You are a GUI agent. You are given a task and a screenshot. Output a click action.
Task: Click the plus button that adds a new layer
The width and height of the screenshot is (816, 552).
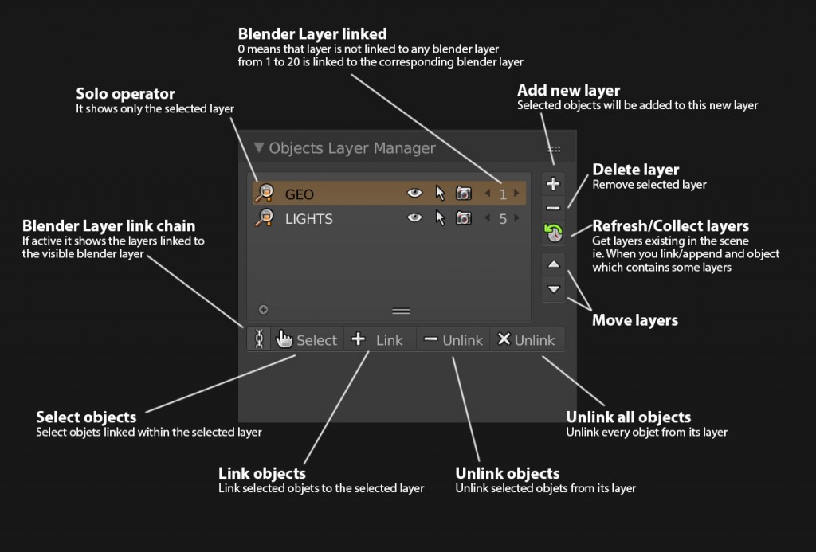click(553, 184)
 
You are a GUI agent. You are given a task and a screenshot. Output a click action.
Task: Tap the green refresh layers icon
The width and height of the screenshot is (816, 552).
click(553, 233)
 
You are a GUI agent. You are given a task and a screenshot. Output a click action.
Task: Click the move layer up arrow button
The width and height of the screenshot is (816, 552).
click(554, 264)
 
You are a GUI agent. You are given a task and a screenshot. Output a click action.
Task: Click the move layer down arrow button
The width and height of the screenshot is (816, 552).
click(554, 289)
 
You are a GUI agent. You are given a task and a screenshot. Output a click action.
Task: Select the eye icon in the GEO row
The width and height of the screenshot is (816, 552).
click(414, 193)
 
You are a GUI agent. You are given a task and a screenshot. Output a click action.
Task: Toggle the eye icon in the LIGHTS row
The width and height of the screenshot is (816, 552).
click(414, 217)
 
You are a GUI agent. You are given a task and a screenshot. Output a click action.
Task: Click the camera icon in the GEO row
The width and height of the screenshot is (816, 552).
click(464, 193)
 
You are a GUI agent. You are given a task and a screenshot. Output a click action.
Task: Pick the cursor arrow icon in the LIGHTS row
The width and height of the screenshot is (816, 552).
click(440, 218)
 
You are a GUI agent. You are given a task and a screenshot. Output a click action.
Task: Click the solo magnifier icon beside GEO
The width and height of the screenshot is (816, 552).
click(265, 193)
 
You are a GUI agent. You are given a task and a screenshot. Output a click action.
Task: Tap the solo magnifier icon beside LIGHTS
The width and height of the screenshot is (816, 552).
click(265, 217)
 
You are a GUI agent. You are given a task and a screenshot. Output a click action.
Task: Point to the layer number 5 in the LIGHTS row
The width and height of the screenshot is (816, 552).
click(503, 219)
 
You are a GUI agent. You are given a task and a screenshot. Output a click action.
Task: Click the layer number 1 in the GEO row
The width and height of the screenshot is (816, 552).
click(503, 194)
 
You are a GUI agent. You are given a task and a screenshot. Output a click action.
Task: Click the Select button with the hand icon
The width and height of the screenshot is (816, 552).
click(307, 340)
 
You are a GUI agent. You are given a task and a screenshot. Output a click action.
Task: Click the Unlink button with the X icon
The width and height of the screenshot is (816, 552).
click(527, 340)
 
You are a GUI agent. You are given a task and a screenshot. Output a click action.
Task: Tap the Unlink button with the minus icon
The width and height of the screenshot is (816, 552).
click(453, 340)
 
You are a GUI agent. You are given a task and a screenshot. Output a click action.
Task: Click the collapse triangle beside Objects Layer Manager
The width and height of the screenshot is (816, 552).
click(259, 147)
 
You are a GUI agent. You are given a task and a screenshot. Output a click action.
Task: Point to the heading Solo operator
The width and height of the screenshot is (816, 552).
click(125, 94)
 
